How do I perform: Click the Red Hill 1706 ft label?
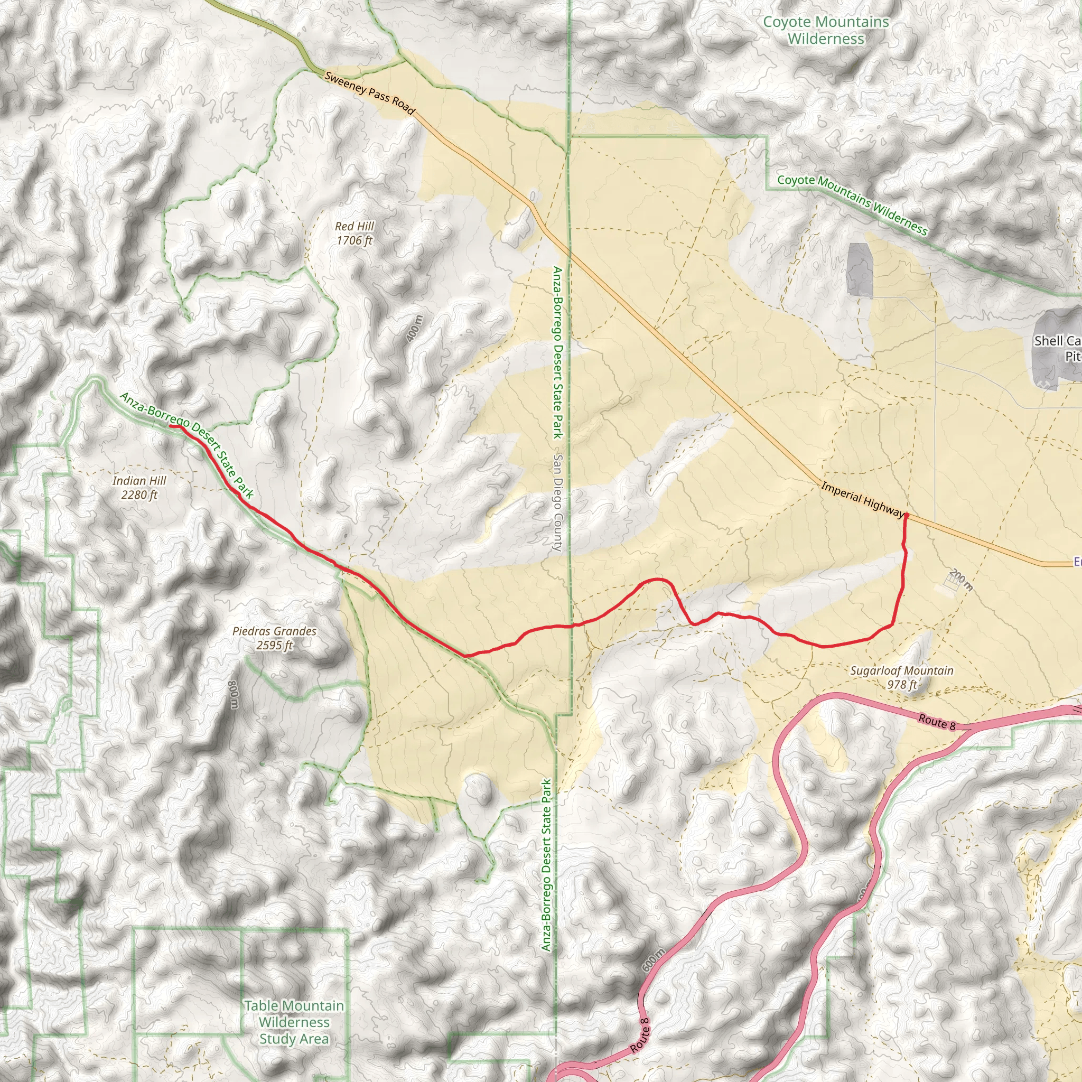(x=355, y=234)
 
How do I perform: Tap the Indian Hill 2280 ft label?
(x=139, y=488)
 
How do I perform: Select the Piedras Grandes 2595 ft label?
(x=274, y=638)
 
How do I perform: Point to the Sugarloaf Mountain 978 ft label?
(x=901, y=677)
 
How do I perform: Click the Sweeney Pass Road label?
(x=370, y=93)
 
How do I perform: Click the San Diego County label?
(x=557, y=502)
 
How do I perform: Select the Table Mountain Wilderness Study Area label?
(x=294, y=1022)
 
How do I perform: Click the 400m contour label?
(x=414, y=329)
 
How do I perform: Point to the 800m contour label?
(x=234, y=694)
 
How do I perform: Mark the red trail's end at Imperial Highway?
(x=906, y=515)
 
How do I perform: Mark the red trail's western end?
(x=170, y=426)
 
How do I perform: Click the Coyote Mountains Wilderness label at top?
(x=826, y=30)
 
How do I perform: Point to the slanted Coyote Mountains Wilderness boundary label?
(x=852, y=204)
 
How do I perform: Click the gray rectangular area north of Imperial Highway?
(x=860, y=269)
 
